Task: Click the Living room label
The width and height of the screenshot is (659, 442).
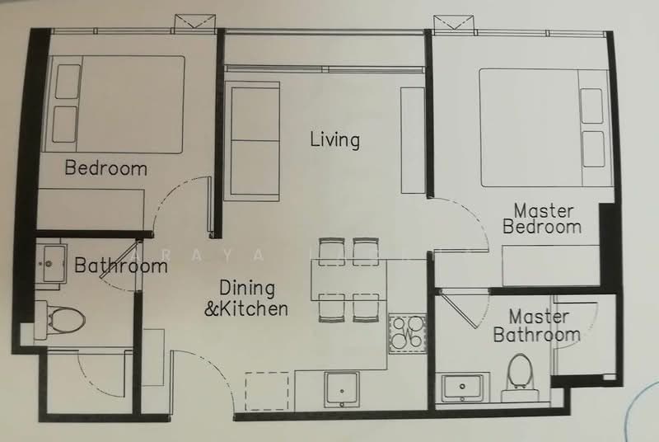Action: pyautogui.click(x=334, y=139)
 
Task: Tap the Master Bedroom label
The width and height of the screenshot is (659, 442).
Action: pyautogui.click(x=542, y=219)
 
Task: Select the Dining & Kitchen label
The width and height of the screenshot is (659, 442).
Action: pyautogui.click(x=252, y=299)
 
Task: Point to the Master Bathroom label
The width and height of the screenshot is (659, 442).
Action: pyautogui.click(x=536, y=326)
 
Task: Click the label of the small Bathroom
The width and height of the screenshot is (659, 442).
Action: pyautogui.click(x=120, y=266)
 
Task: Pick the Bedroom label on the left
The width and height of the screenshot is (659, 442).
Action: pyautogui.click(x=105, y=168)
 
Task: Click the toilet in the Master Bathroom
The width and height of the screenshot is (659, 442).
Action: pyautogui.click(x=520, y=372)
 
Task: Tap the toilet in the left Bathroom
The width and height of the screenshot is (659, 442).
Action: pyautogui.click(x=63, y=316)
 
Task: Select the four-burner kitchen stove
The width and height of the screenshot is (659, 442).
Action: pyautogui.click(x=406, y=333)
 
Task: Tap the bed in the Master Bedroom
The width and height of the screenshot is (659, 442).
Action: pyautogui.click(x=543, y=127)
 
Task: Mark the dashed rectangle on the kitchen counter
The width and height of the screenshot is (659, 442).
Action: pyautogui.click(x=267, y=390)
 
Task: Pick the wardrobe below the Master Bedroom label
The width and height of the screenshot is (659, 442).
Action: pyautogui.click(x=551, y=266)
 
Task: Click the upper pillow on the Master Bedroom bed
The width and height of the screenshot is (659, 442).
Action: pyautogui.click(x=591, y=106)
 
